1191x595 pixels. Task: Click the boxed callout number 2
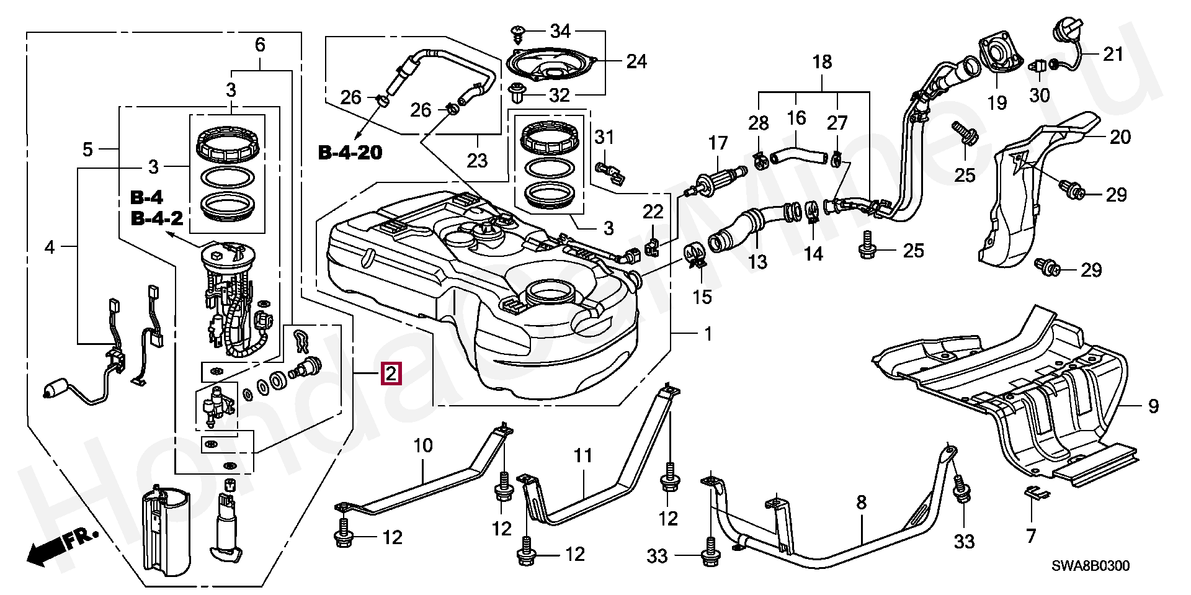click(391, 374)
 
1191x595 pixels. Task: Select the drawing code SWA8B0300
click(1090, 566)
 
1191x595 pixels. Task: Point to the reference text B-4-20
click(350, 152)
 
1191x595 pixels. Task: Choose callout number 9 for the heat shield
click(1153, 406)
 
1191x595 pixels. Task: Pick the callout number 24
click(636, 61)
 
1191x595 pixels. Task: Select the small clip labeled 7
click(1036, 494)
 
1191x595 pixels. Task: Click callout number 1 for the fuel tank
click(708, 334)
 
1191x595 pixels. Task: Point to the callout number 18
click(822, 62)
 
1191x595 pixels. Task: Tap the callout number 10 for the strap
click(423, 445)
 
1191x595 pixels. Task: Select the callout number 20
click(1120, 137)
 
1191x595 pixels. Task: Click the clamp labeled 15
click(696, 255)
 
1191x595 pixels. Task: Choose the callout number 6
click(260, 45)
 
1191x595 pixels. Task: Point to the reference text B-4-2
click(156, 218)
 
